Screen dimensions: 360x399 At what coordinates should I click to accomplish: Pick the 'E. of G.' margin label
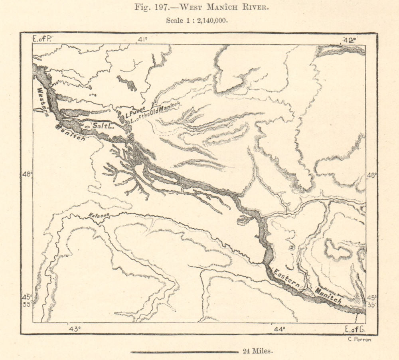tap(354, 329)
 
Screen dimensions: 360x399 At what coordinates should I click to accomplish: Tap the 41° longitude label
tap(142, 39)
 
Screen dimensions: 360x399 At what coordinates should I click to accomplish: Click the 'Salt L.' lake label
tap(103, 126)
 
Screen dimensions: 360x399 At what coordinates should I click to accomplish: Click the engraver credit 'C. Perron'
tap(360, 339)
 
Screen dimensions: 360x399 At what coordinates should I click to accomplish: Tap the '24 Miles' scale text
tap(257, 351)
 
